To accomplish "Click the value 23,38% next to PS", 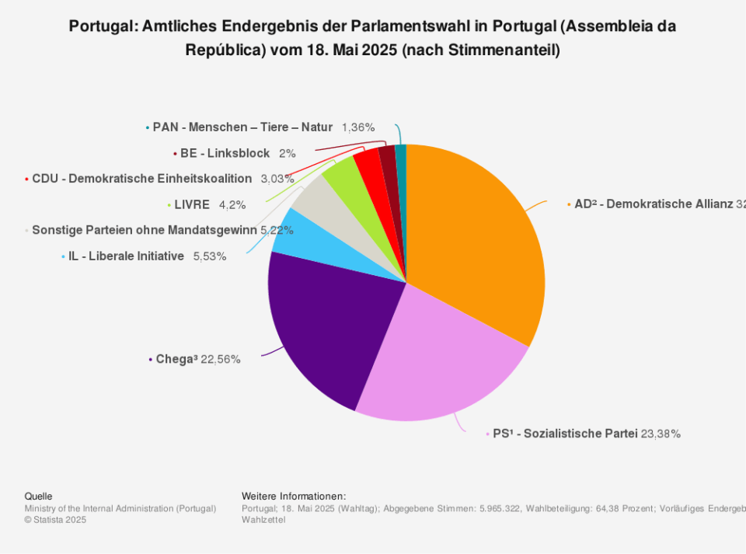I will click(x=661, y=434).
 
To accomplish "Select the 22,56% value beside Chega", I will click(x=221, y=359).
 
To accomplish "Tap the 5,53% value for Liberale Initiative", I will click(x=210, y=256).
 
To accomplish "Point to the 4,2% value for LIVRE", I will click(x=232, y=205).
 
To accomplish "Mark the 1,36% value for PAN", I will click(x=358, y=127).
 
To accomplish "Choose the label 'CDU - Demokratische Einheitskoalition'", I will click(x=141, y=179).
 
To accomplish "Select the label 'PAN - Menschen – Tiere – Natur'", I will click(x=242, y=127).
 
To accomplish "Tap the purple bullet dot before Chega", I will click(x=150, y=359).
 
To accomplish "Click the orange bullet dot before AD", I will click(x=568, y=204).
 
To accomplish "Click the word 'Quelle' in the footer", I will click(x=39, y=496).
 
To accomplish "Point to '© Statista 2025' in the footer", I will click(x=56, y=520).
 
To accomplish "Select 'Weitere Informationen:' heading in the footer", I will click(x=294, y=496).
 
